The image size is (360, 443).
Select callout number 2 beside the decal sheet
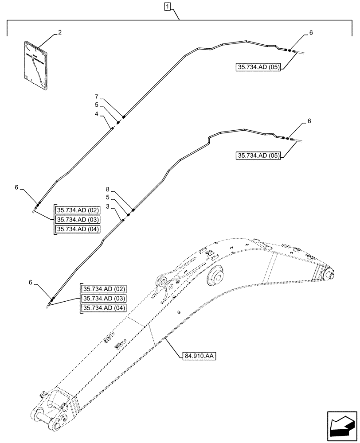(60, 32)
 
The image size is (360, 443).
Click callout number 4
(96, 115)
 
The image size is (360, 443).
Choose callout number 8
(108, 189)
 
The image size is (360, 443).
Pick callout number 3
(108, 206)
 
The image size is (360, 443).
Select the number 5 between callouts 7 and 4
(96, 105)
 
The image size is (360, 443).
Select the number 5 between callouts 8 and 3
(108, 197)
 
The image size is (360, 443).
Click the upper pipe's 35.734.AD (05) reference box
(258, 67)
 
